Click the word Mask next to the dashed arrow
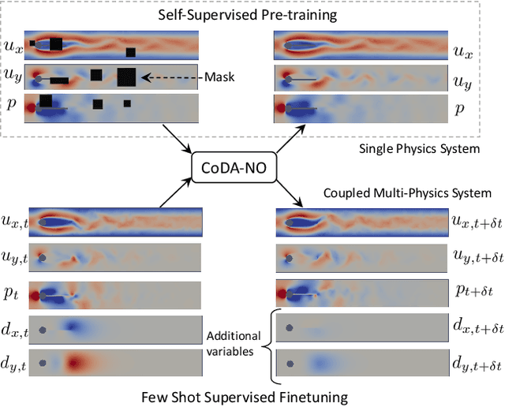(217, 77)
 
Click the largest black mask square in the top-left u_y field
(126, 77)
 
